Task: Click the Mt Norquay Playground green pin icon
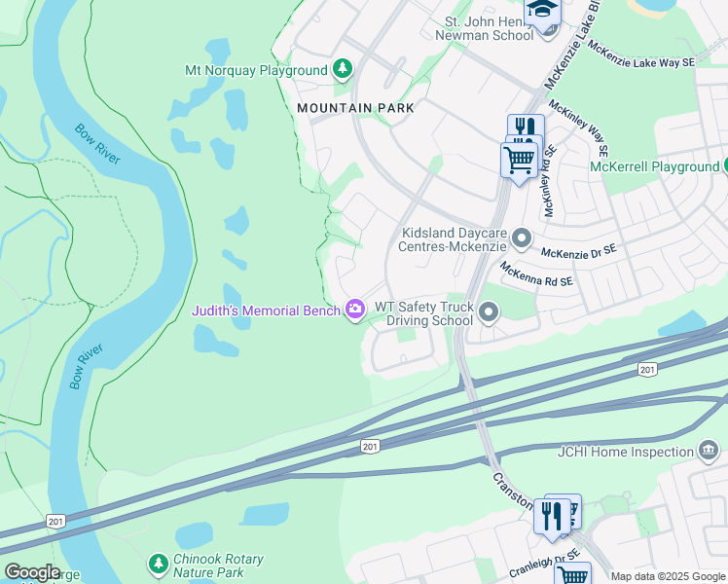pyautogui.click(x=342, y=69)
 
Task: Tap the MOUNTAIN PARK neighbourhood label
pyautogui.click(x=355, y=108)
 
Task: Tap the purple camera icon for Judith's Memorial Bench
pyautogui.click(x=355, y=310)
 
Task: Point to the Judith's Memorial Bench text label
pyautogui.click(x=267, y=310)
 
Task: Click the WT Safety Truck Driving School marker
pyautogui.click(x=489, y=311)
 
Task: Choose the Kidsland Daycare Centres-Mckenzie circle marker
pyautogui.click(x=523, y=237)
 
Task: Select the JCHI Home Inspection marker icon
pyautogui.click(x=708, y=451)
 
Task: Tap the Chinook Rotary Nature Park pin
pyautogui.click(x=158, y=564)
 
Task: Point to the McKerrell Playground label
pyautogui.click(x=654, y=166)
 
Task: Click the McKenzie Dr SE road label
pyautogui.click(x=579, y=251)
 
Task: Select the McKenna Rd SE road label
pyautogui.click(x=536, y=274)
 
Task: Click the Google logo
pyautogui.click(x=31, y=572)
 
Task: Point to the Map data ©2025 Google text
pyautogui.click(x=668, y=576)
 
